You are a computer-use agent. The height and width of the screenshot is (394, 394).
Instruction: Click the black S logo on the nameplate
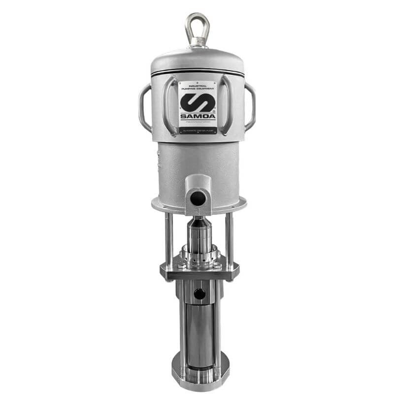click(x=197, y=101)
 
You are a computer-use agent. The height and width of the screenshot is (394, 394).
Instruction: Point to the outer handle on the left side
click(x=144, y=107)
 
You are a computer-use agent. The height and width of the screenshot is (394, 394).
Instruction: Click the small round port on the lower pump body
click(x=199, y=294)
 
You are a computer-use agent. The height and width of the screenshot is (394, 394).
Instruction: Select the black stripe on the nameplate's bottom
click(x=197, y=131)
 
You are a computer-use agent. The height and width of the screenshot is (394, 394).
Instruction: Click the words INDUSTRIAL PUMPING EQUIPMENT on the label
click(x=197, y=87)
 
